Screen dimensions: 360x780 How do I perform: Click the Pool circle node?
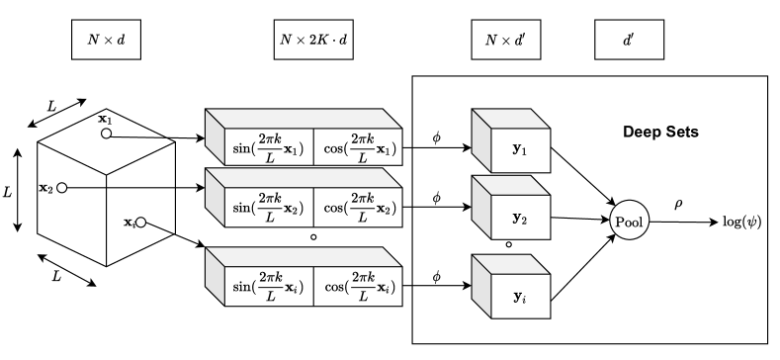tap(629, 222)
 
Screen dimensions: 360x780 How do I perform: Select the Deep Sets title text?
tap(661, 131)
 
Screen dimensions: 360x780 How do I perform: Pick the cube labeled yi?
tap(512, 293)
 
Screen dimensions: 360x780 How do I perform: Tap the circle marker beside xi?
tap(141, 224)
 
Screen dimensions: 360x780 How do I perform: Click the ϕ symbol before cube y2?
tap(435, 198)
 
